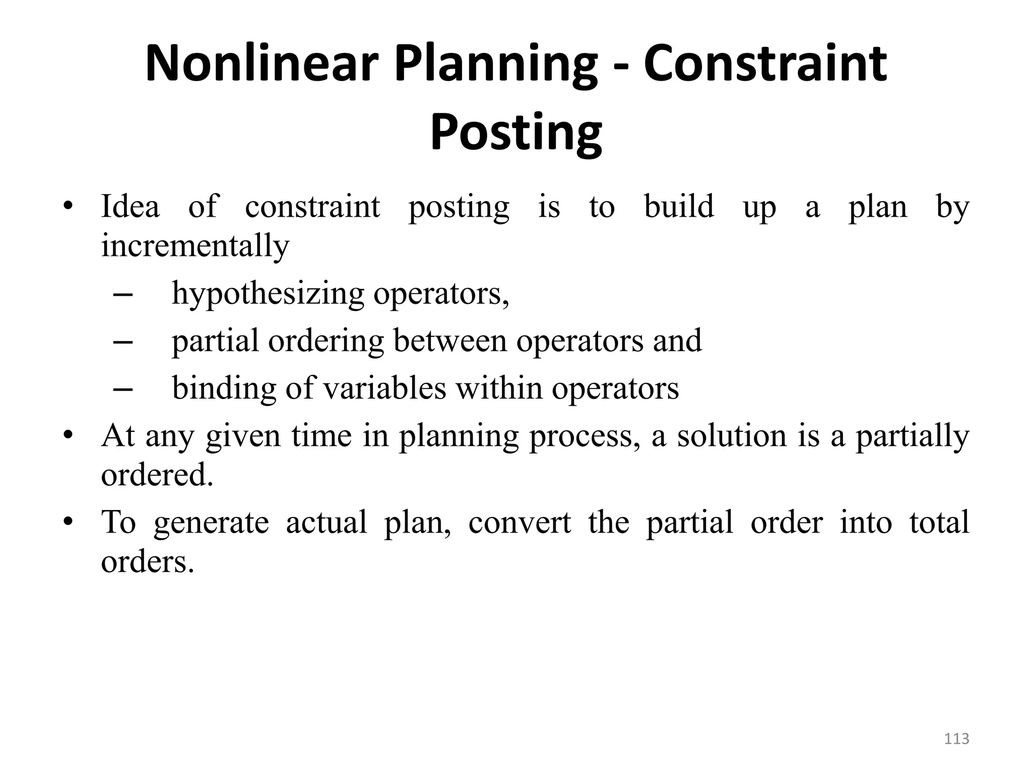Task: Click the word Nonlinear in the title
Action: pyautogui.click(x=261, y=64)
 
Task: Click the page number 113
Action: pyautogui.click(x=956, y=739)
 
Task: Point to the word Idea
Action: pyautogui.click(x=131, y=207)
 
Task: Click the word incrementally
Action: pyautogui.click(x=195, y=246)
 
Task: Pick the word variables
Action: pyautogui.click(x=384, y=389)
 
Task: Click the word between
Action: pyautogui.click(x=450, y=341)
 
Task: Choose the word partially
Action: pyautogui.click(x=913, y=437)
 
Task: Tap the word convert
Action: pyautogui.click(x=520, y=522)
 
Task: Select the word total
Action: pyautogui.click(x=939, y=522)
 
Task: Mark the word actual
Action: pyautogui.click(x=327, y=522)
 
